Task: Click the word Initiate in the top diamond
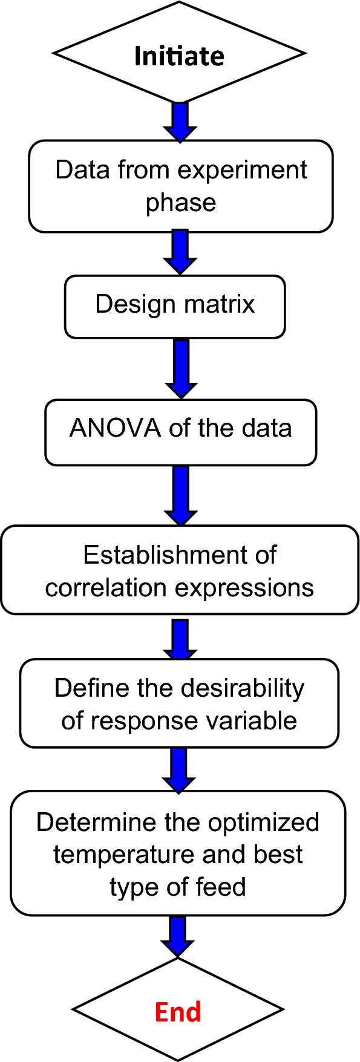point(179,56)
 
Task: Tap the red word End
point(178,1012)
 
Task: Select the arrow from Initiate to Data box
point(180,122)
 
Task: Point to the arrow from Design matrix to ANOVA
point(180,368)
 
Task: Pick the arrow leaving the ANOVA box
point(180,495)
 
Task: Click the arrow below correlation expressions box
point(180,637)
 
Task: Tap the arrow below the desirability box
point(179,769)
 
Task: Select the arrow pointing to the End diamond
point(178,936)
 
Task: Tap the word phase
point(181,203)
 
